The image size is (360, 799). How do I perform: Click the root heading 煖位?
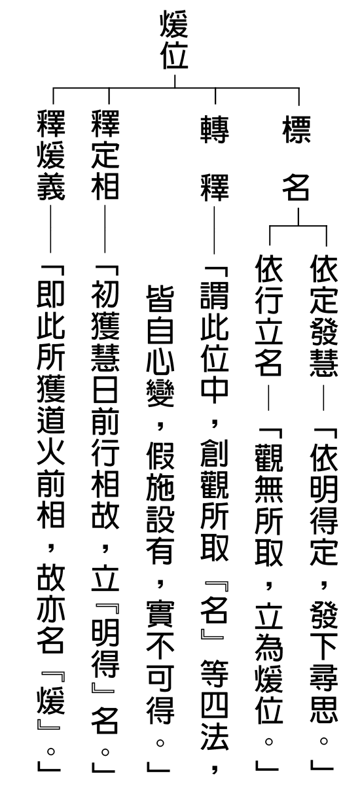[173, 39]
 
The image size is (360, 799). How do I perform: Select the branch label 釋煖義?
[50, 155]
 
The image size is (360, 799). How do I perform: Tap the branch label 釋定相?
[105, 155]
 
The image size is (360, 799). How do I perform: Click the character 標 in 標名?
[297, 130]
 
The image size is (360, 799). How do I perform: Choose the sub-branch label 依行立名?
[268, 315]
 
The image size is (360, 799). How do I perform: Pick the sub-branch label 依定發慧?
[323, 315]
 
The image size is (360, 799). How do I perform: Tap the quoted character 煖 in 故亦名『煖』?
[50, 701]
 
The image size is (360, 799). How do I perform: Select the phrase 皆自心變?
[160, 346]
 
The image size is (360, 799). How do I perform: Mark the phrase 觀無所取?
[268, 505]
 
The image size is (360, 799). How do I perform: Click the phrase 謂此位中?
[214, 346]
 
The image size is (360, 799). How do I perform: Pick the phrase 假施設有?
[160, 505]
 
